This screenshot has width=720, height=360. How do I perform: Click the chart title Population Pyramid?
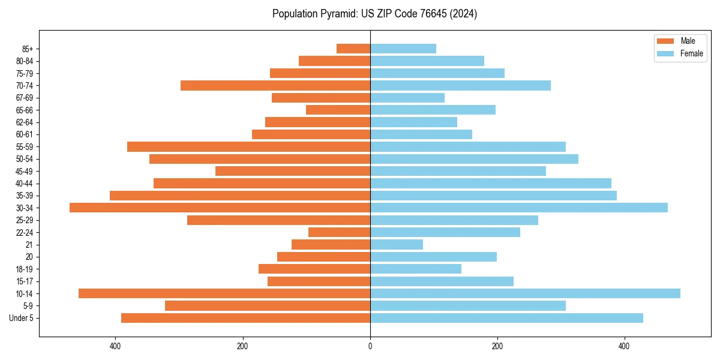374,14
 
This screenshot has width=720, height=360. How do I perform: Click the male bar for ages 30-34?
220,208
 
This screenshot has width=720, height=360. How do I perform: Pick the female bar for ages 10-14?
525,293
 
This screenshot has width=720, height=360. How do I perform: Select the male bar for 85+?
353,49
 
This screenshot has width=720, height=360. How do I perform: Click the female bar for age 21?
397,244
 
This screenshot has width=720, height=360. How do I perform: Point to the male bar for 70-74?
275,85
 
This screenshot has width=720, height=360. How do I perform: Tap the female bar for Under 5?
506,318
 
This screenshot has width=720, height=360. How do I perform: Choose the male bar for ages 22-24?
339,232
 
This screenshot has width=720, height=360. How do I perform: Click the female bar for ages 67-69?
407,98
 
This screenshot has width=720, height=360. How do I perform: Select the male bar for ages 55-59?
248,146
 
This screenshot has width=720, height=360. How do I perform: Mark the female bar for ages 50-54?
474,159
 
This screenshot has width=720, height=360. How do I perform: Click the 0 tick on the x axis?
370,346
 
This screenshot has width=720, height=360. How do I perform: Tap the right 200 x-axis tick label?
497,346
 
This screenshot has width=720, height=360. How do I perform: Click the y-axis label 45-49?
25,171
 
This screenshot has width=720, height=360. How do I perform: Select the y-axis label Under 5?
21,318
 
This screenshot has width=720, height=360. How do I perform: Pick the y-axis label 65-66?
25,110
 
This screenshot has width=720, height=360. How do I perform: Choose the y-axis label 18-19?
25,269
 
